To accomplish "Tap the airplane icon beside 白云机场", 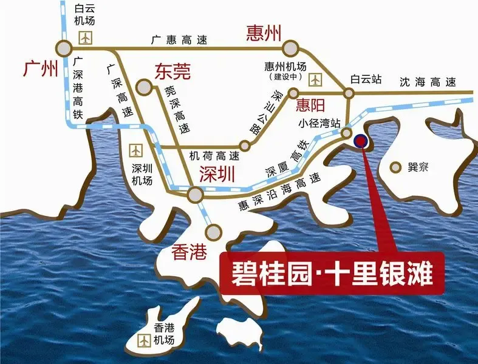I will click(x=85, y=38).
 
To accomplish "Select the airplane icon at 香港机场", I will click(x=145, y=341).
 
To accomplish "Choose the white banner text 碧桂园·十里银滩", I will click(x=332, y=275).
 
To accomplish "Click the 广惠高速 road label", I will click(x=179, y=40).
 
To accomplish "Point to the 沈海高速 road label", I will click(x=428, y=83).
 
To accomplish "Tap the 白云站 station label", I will click(x=366, y=79).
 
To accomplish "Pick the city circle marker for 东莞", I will click(x=144, y=88).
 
